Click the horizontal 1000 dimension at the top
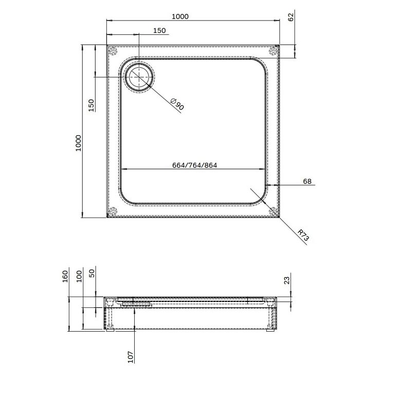(180, 16)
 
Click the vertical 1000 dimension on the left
(78, 143)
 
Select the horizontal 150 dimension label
(159, 31)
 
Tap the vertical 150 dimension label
(91, 105)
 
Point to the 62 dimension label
(291, 17)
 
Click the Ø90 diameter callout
(177, 104)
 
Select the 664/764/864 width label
(195, 166)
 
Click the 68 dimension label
(307, 181)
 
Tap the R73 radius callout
(303, 235)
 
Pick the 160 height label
(65, 277)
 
